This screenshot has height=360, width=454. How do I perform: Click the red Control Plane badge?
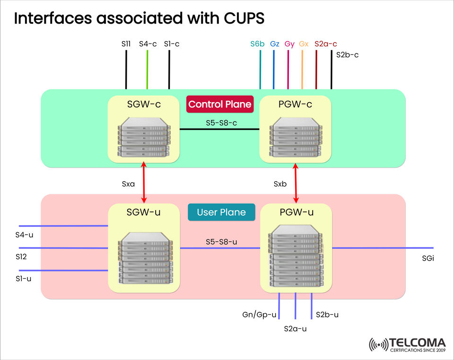coord(220,104)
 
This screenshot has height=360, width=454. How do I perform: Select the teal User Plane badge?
coord(221,212)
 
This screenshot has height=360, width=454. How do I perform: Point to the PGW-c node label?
coord(296,104)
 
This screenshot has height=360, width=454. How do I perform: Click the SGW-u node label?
coord(143,212)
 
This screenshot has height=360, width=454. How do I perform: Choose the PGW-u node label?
coord(296,212)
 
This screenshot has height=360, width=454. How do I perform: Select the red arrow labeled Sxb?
coord(296,183)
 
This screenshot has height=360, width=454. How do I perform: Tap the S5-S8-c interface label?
coord(221,123)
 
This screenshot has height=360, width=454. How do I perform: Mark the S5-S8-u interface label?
coord(221,242)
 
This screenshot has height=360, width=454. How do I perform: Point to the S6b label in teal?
coord(258,44)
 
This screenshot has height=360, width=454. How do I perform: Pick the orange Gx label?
coord(304,44)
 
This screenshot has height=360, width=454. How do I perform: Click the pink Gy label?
coord(289,44)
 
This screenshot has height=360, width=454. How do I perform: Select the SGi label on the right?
coord(428,258)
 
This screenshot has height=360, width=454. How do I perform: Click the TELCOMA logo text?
coord(418,342)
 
